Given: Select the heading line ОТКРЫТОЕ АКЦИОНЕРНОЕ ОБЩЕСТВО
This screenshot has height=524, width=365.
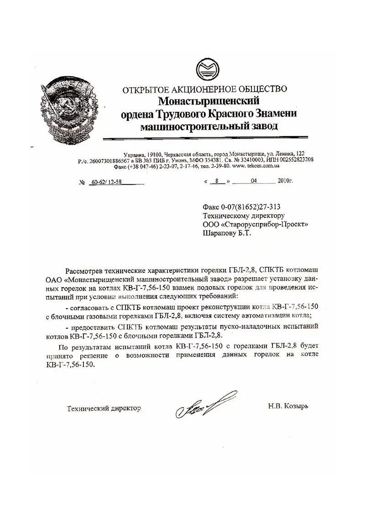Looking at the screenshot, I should click(204, 89).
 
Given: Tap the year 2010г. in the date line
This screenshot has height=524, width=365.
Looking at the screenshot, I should click(285, 181).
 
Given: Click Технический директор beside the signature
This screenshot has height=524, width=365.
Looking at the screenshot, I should click(104, 408).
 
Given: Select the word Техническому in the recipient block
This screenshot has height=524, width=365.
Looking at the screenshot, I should click(224, 215).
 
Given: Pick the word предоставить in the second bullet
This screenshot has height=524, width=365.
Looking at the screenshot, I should click(95, 327).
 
